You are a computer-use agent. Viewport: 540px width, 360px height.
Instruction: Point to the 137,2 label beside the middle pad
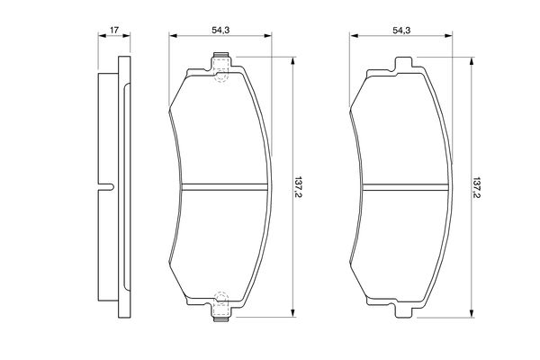[301, 187]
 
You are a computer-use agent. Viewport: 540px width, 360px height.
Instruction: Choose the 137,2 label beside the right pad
[479, 187]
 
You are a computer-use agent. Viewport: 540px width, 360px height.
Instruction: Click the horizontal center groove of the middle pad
[222, 187]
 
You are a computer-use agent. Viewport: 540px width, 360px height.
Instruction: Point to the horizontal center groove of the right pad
[401, 187]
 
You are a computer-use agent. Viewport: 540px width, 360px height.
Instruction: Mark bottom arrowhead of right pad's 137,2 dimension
[471, 315]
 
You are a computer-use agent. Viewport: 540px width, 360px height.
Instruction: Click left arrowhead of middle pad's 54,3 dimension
[173, 37]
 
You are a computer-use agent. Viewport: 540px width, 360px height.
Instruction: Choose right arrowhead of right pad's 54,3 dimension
[450, 37]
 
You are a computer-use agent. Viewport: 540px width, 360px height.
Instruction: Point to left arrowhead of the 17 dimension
[100, 37]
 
